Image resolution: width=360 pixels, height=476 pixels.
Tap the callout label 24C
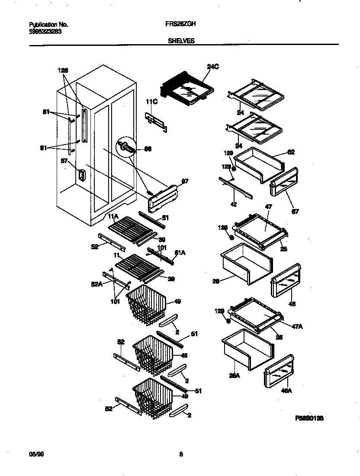click(213, 67)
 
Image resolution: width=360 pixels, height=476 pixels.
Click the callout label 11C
click(151, 102)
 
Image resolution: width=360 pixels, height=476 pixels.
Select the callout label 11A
click(113, 215)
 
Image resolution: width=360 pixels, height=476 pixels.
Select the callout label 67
click(295, 212)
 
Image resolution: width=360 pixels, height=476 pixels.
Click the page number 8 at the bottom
click(181, 454)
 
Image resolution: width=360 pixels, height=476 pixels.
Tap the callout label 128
click(63, 70)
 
